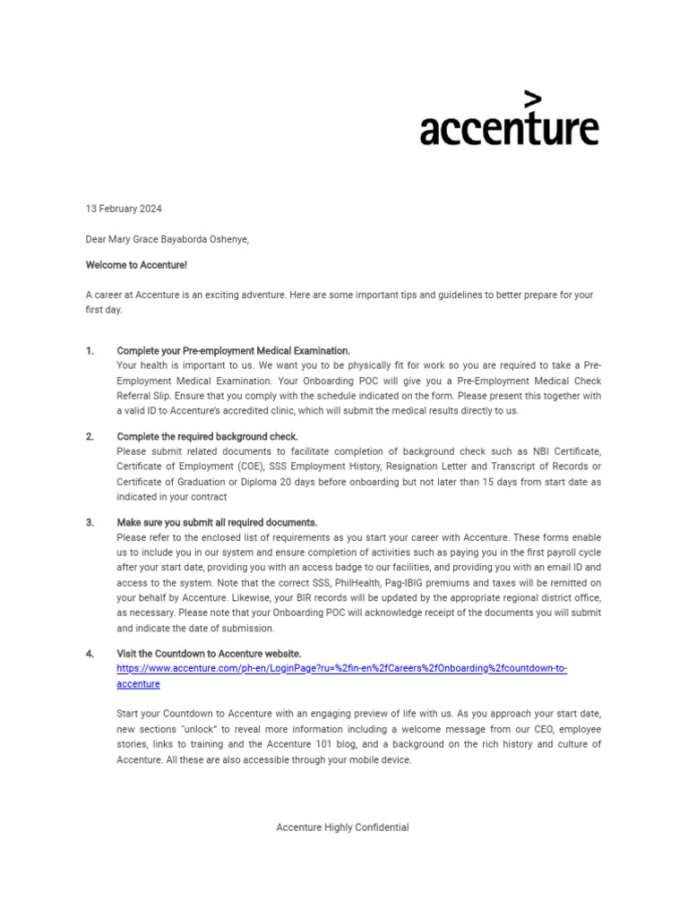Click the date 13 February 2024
point(124,209)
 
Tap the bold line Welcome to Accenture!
point(136,265)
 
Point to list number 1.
point(90,351)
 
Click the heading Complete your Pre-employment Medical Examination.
point(234,351)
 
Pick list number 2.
point(90,437)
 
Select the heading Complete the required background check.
point(207,437)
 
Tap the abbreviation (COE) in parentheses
point(253,467)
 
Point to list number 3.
point(90,523)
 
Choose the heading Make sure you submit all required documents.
point(217,523)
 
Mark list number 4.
point(90,654)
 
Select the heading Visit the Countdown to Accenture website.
point(209,654)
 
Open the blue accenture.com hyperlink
point(341,669)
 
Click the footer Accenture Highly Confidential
point(342,827)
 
